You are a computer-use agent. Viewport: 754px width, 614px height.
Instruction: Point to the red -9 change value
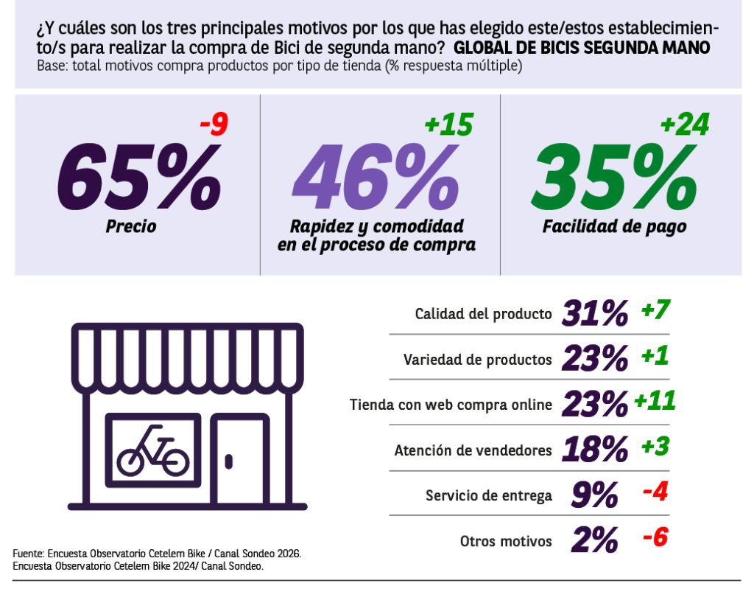[x=214, y=125]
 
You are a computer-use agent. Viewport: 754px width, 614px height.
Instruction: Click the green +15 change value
[x=449, y=125]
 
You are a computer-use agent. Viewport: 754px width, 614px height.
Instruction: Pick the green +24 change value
[x=685, y=125]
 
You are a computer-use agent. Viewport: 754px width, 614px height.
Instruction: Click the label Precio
[x=131, y=226]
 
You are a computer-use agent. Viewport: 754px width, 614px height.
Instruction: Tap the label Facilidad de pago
[x=615, y=227]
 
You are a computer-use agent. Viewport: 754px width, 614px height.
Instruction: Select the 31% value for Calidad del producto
[x=595, y=313]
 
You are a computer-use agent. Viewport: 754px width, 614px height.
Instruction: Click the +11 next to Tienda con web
[x=655, y=401]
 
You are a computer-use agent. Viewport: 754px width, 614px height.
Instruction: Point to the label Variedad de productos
[x=477, y=360]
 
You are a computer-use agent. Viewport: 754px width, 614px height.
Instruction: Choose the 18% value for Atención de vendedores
[x=595, y=450]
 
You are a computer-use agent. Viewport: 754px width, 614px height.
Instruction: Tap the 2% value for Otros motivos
[x=594, y=540]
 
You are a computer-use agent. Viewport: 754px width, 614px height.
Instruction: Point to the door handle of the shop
[x=229, y=461]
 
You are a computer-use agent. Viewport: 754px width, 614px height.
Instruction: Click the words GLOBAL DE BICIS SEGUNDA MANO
[x=582, y=48]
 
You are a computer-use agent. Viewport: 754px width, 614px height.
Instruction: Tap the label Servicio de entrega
[x=489, y=495]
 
